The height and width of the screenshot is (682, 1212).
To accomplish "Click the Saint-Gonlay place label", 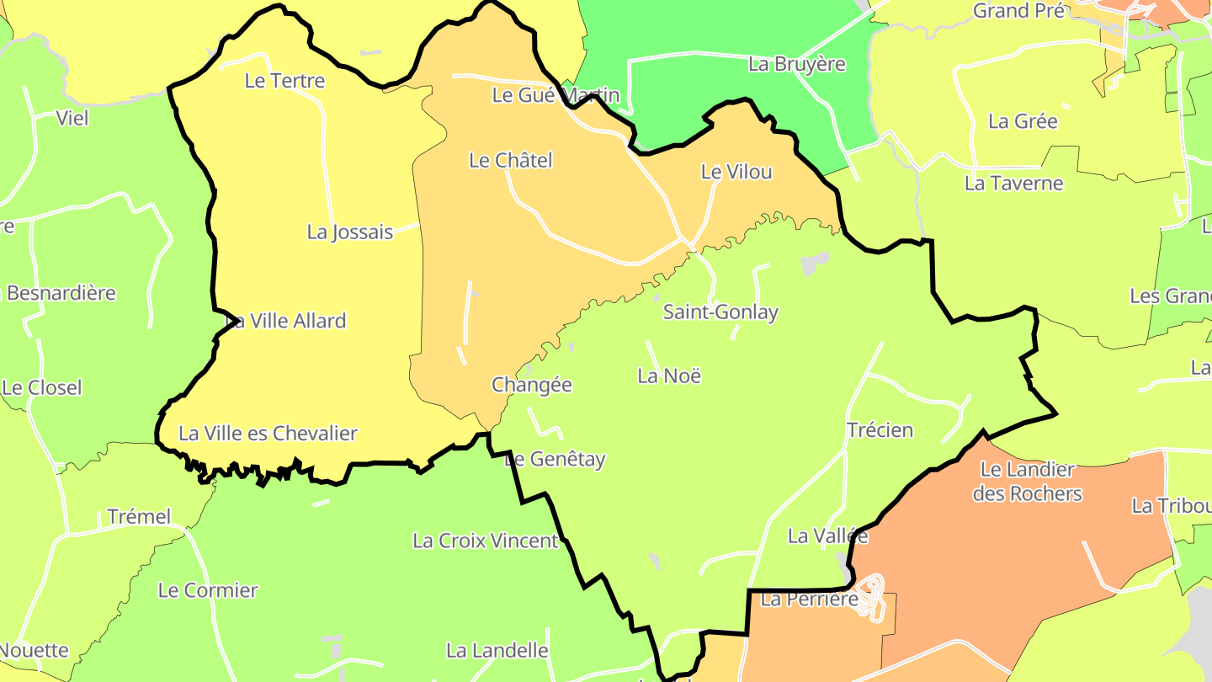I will point(720,312).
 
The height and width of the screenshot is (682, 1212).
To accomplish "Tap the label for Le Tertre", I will point(284,81).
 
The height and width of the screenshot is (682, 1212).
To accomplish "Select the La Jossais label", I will point(350,232).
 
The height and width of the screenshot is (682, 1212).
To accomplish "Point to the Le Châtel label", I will point(511,160).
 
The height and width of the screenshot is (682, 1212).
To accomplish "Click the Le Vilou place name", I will point(736,172).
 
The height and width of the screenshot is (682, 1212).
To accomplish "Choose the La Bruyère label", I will point(797,64).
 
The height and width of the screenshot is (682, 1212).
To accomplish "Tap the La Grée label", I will point(1023,121).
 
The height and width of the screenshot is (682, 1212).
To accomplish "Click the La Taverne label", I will point(1014,184).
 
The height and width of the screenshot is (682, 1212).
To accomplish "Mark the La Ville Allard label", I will point(288,321).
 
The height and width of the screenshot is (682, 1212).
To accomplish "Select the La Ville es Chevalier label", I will point(268,434).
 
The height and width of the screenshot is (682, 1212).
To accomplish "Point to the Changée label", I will point(532,385).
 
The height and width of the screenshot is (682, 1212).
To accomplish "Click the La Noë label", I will point(669,376).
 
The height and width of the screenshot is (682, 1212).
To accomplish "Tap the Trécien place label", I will point(880,430).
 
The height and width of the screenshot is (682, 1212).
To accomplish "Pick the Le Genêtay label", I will point(557,460).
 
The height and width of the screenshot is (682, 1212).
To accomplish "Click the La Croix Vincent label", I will point(486,541).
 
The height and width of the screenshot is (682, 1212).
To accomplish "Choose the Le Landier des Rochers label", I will point(1028,482).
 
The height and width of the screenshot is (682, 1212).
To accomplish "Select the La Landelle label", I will point(497,651).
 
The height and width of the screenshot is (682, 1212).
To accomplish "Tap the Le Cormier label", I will point(208,591).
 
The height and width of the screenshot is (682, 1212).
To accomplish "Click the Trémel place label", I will point(139,517).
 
